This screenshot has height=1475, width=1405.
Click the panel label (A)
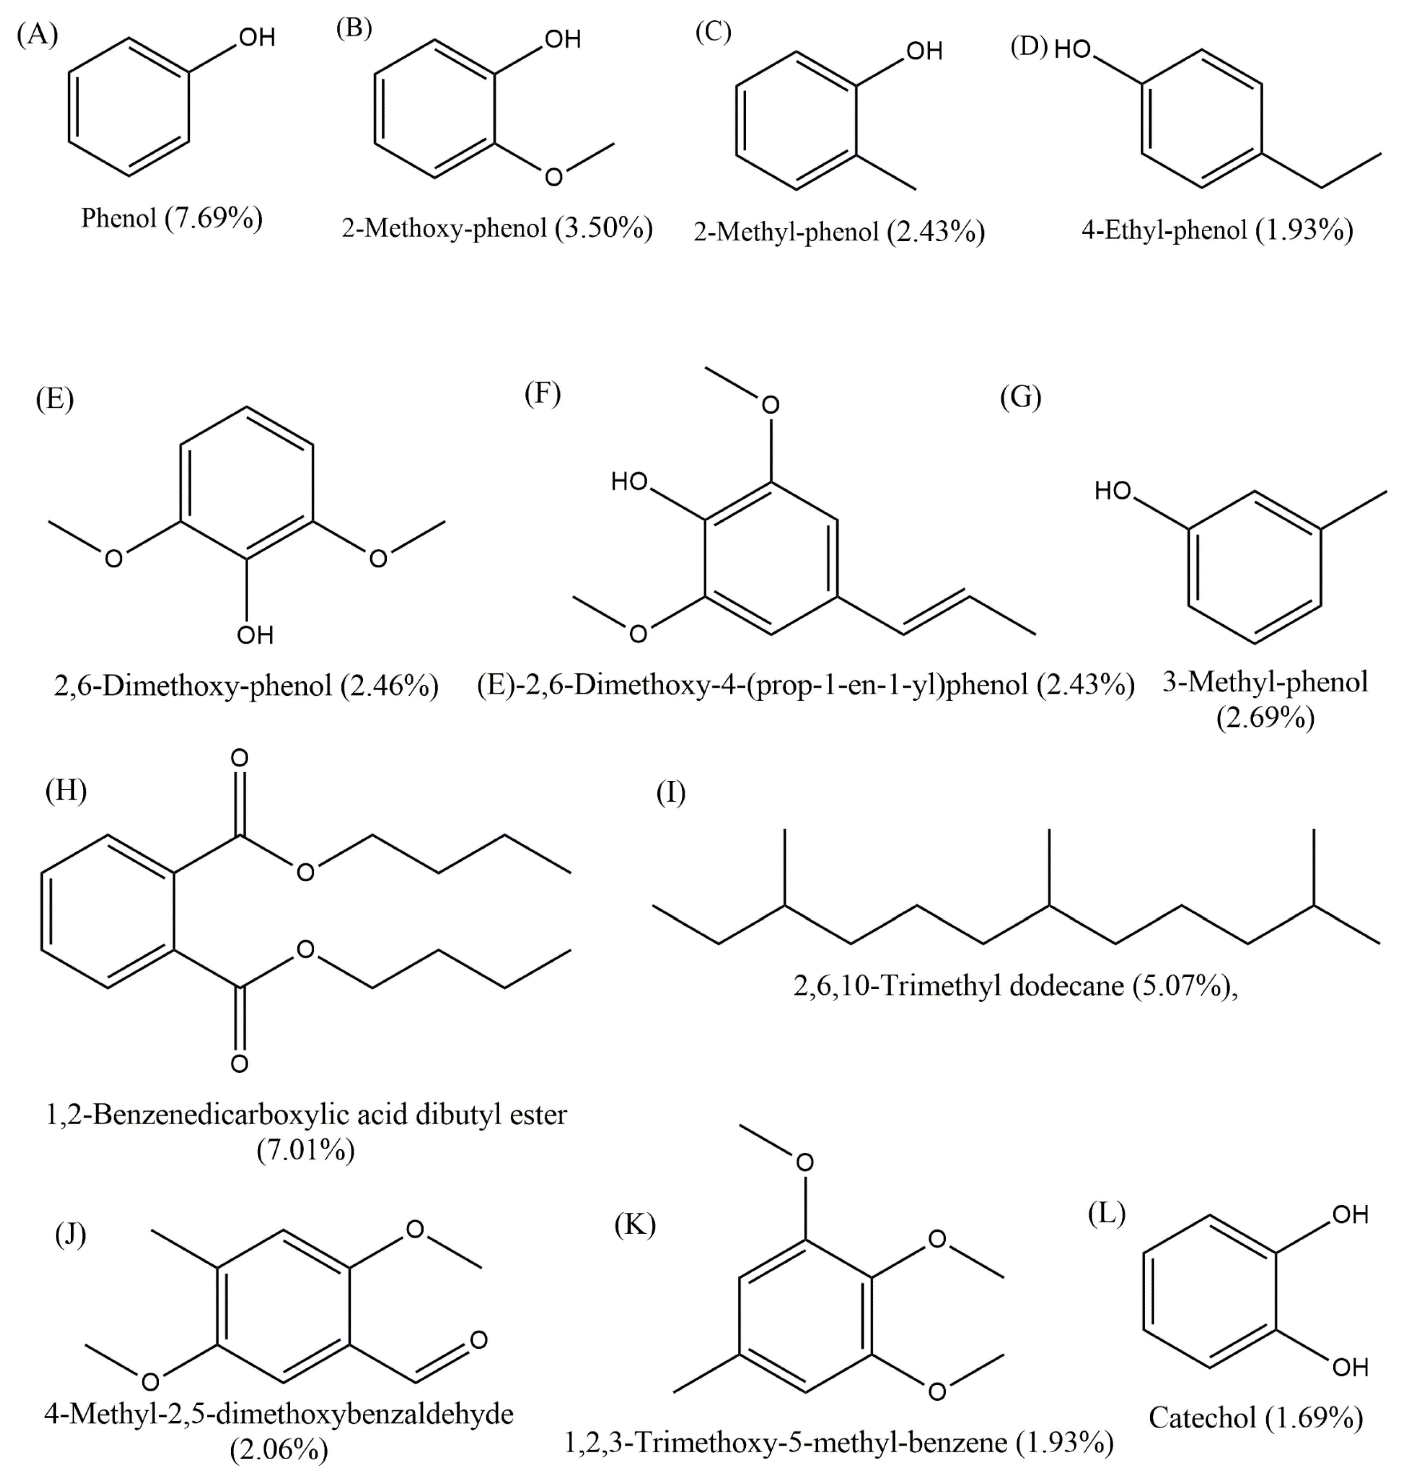click(x=37, y=35)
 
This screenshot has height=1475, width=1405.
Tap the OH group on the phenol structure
click(x=257, y=37)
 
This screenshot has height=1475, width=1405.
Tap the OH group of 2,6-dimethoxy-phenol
click(x=255, y=635)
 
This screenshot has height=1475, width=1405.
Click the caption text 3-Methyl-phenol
click(x=1265, y=682)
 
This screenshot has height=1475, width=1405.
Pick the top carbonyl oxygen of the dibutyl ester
click(x=239, y=758)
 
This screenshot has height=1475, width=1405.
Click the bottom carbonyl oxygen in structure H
click(x=239, y=1064)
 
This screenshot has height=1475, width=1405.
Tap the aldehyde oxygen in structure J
click(x=478, y=1339)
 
